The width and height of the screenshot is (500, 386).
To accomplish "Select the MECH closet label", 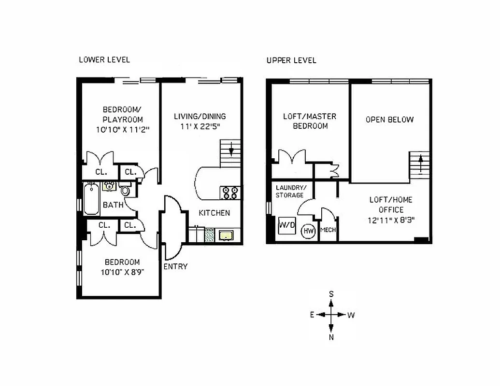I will (x=328, y=230).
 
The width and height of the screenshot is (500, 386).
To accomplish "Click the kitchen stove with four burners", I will (x=229, y=193).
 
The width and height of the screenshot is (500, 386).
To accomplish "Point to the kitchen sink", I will (x=225, y=235).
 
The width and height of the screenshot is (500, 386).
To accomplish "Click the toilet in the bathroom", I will (x=126, y=191).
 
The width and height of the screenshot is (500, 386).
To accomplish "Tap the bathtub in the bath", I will (x=91, y=199).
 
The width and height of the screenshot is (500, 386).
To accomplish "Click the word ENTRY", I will (x=175, y=266).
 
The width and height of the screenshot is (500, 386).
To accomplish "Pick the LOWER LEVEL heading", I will (x=104, y=60).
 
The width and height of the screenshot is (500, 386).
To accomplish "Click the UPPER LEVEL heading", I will (x=291, y=60).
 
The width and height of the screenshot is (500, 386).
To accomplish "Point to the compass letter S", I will (x=331, y=293).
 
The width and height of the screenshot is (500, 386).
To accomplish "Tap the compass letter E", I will (x=313, y=315).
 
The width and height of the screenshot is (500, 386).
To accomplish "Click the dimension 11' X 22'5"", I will (x=200, y=126).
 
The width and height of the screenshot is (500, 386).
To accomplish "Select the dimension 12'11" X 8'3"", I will (x=391, y=220).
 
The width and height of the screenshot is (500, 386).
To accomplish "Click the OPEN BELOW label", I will (x=389, y=120).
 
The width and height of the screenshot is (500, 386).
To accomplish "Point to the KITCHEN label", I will (x=214, y=213).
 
